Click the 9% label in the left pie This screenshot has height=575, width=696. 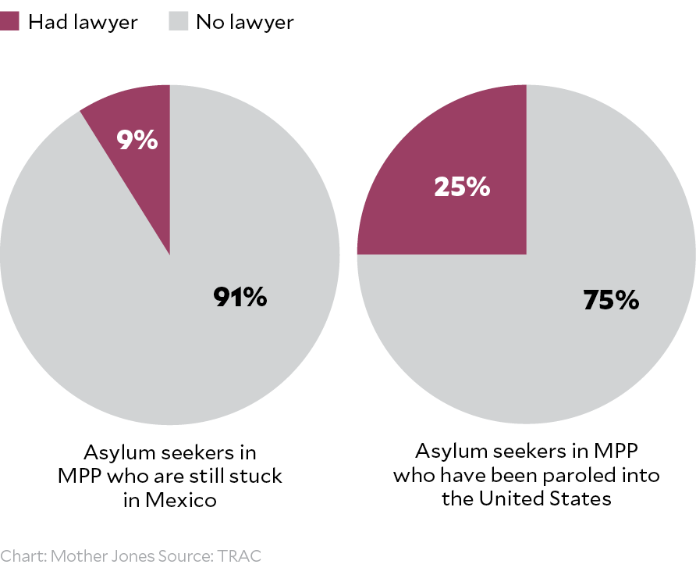(137, 141)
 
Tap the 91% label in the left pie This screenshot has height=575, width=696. (240, 298)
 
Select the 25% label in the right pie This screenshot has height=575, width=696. (462, 187)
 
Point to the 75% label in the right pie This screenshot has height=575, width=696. (611, 300)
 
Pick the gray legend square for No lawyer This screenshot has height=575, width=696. (179, 21)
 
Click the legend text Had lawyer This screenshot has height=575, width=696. (82, 22)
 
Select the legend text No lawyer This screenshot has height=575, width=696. (245, 22)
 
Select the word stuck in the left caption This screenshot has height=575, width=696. (257, 476)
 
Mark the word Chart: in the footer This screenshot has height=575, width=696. (23, 557)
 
